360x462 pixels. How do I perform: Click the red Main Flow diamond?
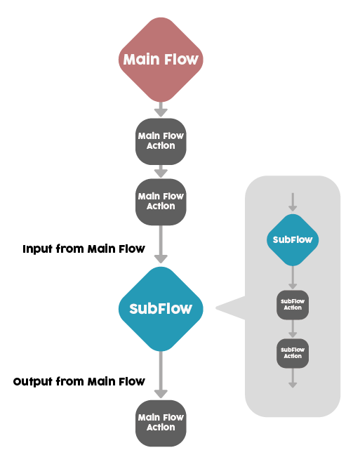(x=161, y=60)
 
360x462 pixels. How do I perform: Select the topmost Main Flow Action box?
(x=161, y=142)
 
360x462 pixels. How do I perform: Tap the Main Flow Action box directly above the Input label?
(x=161, y=202)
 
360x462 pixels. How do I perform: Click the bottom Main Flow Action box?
(x=161, y=423)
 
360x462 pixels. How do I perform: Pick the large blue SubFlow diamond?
(x=161, y=309)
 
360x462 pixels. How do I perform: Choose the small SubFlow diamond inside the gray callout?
(x=293, y=240)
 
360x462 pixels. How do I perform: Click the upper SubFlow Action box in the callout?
(x=293, y=305)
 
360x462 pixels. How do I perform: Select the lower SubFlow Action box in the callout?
(x=293, y=353)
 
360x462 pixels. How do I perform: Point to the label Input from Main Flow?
(x=84, y=249)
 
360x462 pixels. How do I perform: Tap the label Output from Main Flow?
(x=79, y=382)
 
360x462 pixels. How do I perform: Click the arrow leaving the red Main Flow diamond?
(x=161, y=110)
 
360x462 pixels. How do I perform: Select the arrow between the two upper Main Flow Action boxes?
(x=161, y=171)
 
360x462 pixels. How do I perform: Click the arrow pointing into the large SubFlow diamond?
(x=161, y=244)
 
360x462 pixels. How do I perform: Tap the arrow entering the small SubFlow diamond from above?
(x=293, y=202)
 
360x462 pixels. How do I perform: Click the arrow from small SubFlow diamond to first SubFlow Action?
(x=293, y=277)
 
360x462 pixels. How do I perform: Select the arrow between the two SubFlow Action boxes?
(x=293, y=329)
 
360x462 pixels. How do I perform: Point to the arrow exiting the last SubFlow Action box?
(x=293, y=378)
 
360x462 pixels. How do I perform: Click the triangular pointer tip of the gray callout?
(x=216, y=308)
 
